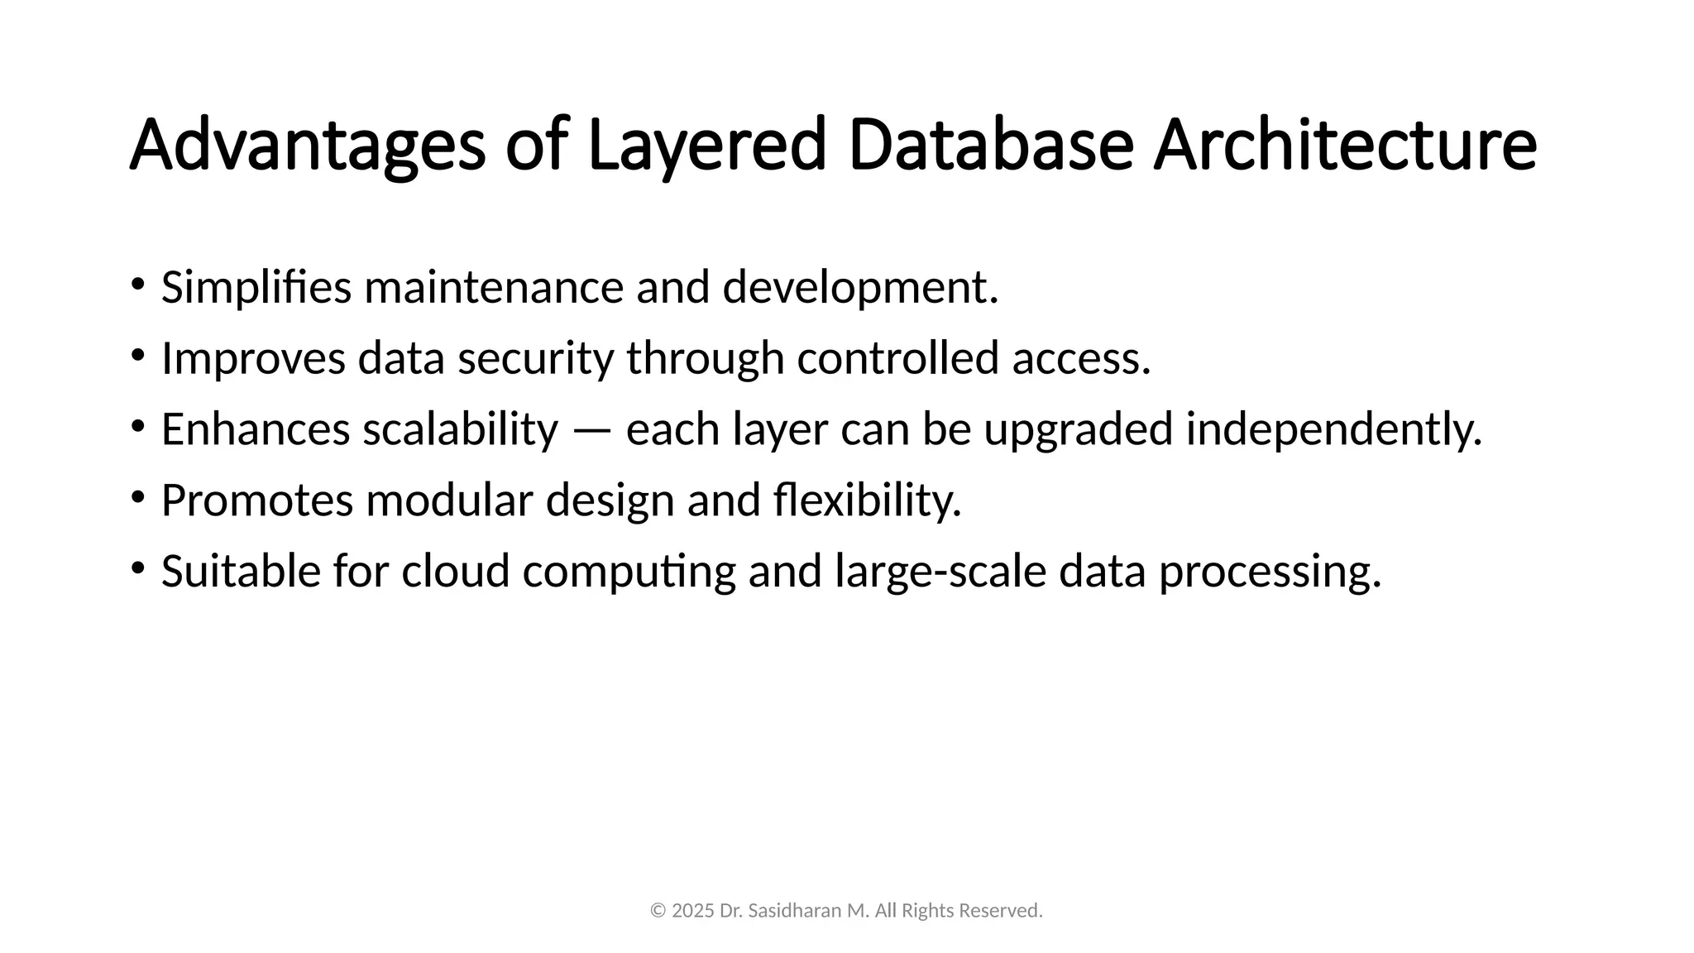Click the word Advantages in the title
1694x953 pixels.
307,146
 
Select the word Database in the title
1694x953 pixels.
990,146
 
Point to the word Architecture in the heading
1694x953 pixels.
1345,146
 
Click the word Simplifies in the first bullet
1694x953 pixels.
256,288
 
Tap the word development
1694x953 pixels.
860,288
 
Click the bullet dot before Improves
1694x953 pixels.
137,356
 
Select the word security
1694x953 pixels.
536,359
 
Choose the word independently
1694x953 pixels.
1333,430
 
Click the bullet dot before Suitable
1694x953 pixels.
137,568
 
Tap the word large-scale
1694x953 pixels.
940,572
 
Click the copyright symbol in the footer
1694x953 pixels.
658,911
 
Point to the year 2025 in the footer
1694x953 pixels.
693,911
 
